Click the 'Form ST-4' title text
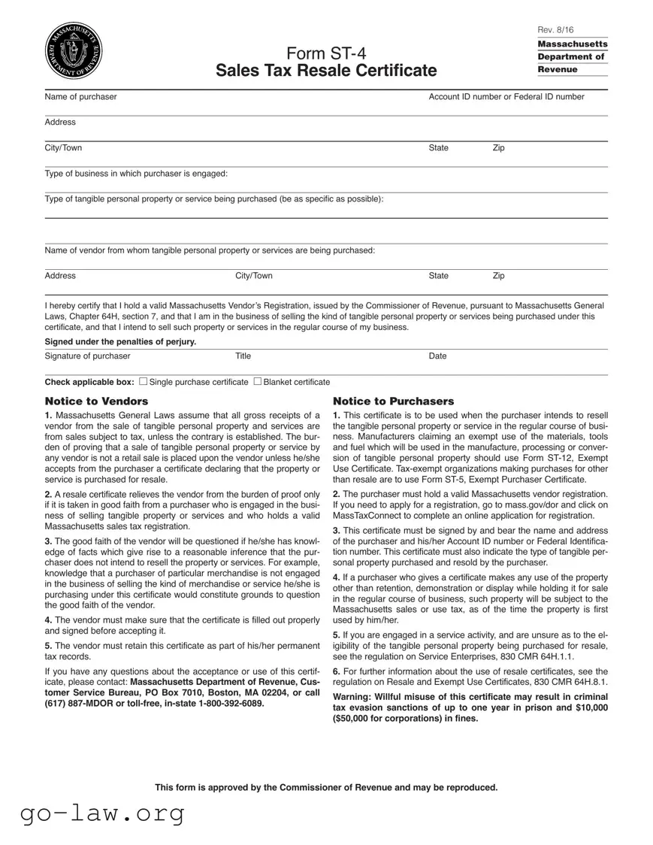pyautogui.click(x=325, y=53)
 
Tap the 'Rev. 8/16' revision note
pyautogui.click(x=555, y=29)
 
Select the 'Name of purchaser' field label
pyautogui.click(x=80, y=97)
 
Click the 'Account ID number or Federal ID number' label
pyautogui.click(x=506, y=97)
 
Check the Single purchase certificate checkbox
pyautogui.click(x=144, y=382)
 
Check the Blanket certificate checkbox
pyautogui.click(x=258, y=382)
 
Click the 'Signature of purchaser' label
pyautogui.click(x=87, y=356)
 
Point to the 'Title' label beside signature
pyautogui.click(x=243, y=356)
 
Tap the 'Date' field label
pyautogui.click(x=437, y=356)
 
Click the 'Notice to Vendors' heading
pyautogui.click(x=96, y=401)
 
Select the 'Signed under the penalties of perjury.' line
pyautogui.click(x=120, y=342)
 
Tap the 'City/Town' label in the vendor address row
pyautogui.click(x=254, y=276)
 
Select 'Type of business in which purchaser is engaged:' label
pyautogui.click(x=136, y=174)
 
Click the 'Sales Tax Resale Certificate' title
pyautogui.click(x=325, y=71)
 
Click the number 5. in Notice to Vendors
pyautogui.click(x=48, y=646)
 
